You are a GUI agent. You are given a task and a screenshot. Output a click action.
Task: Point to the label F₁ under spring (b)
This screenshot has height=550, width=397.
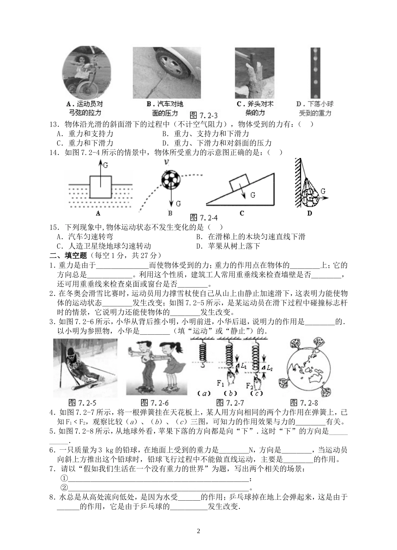pyautogui.click(x=221, y=384)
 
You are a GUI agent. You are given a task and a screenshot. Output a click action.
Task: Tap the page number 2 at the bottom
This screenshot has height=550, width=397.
pyautogui.click(x=198, y=531)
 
